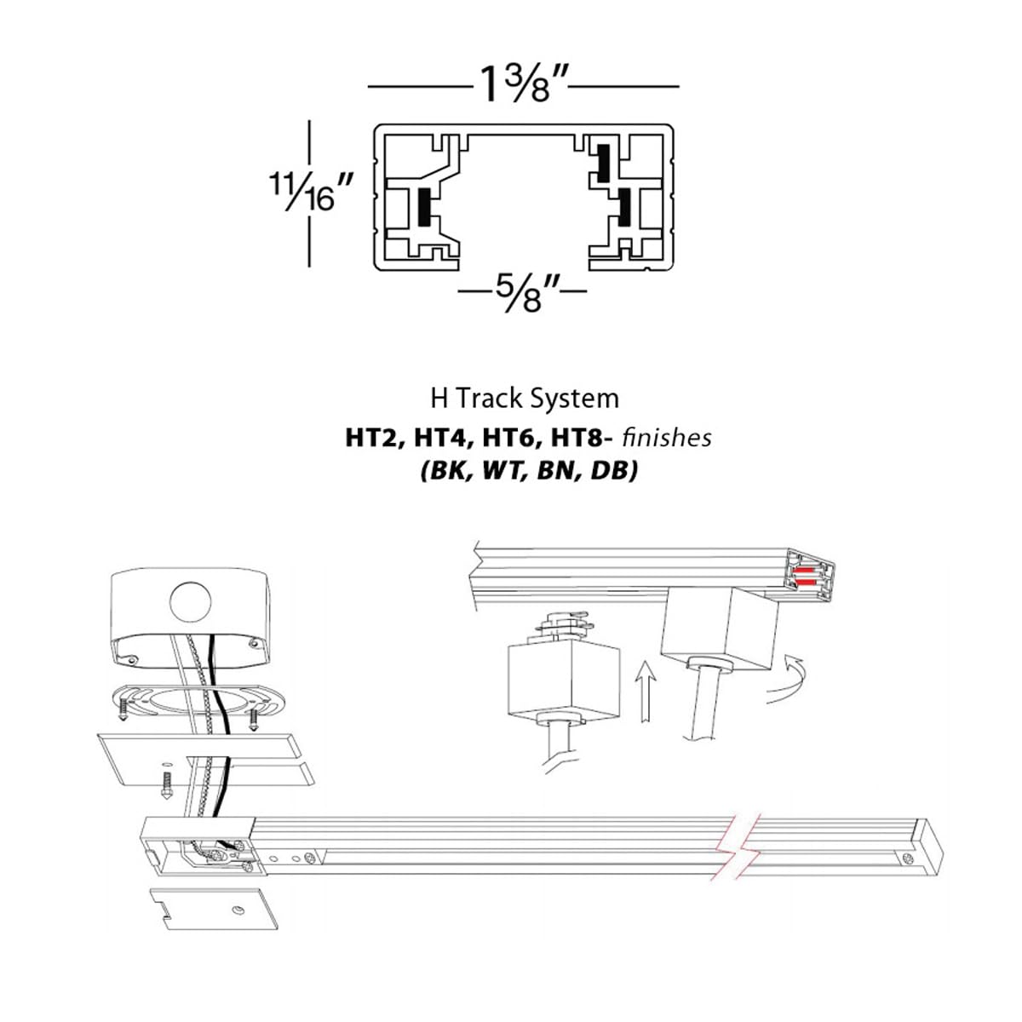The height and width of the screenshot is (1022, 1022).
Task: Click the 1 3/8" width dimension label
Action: [523, 85]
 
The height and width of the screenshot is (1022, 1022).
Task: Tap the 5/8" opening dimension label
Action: [522, 294]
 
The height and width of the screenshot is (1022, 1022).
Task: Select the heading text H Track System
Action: [524, 399]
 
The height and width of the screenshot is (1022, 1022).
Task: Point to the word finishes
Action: [667, 438]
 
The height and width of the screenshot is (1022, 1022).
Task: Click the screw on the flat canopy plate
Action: [167, 784]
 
